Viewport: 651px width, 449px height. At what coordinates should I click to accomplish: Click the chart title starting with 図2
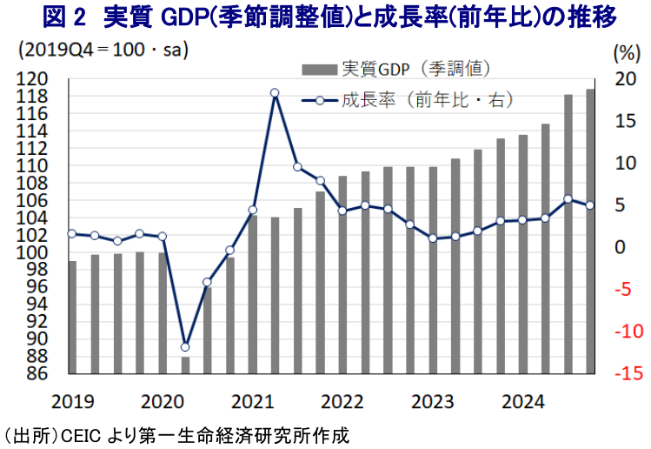[326, 17]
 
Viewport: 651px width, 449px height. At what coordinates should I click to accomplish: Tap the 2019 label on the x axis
[71, 402]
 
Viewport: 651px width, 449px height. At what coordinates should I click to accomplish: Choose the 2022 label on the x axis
[342, 402]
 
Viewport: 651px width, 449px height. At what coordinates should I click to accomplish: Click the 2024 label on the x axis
[523, 402]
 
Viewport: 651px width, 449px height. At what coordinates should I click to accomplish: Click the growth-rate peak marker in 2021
[275, 93]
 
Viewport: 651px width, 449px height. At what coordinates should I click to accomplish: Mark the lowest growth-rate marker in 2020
[184, 347]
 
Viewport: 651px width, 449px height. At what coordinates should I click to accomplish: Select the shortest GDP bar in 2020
[184, 365]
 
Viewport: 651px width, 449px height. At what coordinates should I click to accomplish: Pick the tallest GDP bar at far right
[591, 231]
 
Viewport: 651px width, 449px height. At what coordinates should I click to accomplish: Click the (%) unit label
[625, 52]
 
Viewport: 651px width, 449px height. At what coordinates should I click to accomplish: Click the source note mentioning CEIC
[179, 432]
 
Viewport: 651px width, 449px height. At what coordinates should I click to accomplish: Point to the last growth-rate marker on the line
[591, 205]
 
